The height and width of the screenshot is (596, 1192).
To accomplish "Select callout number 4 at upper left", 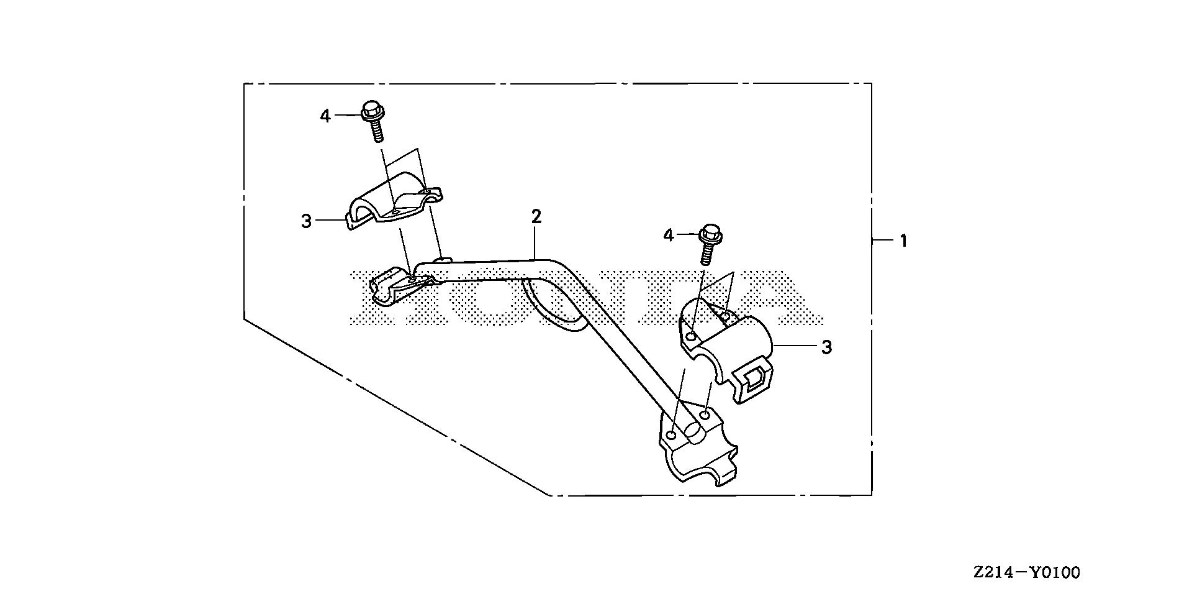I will (325, 116).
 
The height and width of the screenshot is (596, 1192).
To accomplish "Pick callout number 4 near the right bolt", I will (668, 235).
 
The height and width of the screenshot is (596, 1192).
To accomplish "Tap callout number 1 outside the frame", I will (904, 241).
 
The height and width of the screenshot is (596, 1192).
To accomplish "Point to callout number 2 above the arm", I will (536, 217).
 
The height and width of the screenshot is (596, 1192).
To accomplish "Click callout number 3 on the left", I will (306, 221).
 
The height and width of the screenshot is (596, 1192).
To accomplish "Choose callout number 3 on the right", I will (826, 347).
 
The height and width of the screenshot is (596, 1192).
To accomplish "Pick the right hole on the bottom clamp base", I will (705, 414).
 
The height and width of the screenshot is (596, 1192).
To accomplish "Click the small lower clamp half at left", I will (394, 288).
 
